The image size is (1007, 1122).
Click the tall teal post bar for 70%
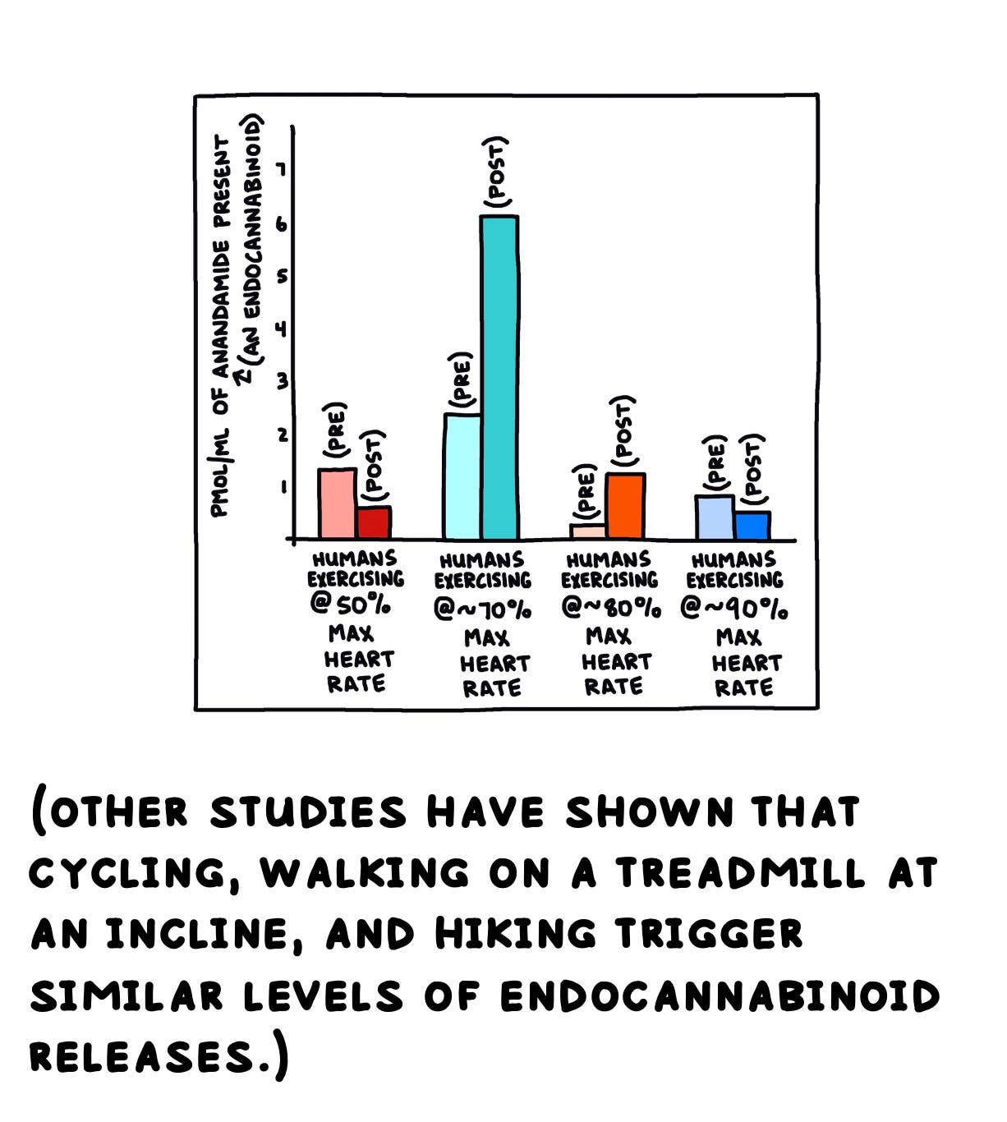[499, 377]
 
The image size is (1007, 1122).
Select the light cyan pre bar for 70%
[462, 476]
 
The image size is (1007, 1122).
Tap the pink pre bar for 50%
[337, 504]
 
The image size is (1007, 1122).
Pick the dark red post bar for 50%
[374, 522]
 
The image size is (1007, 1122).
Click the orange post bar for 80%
[625, 506]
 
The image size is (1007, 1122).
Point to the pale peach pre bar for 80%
[588, 531]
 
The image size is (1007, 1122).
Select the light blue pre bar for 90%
[715, 517]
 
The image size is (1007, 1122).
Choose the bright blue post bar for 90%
[752, 526]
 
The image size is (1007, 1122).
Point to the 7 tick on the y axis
[282, 171]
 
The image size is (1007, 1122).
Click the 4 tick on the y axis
[282, 329]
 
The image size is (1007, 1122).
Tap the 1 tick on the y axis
[282, 487]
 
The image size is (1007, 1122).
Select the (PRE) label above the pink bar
[337, 430]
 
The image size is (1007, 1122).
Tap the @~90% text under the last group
[734, 609]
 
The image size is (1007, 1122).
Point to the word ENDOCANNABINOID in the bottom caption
[720, 996]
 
